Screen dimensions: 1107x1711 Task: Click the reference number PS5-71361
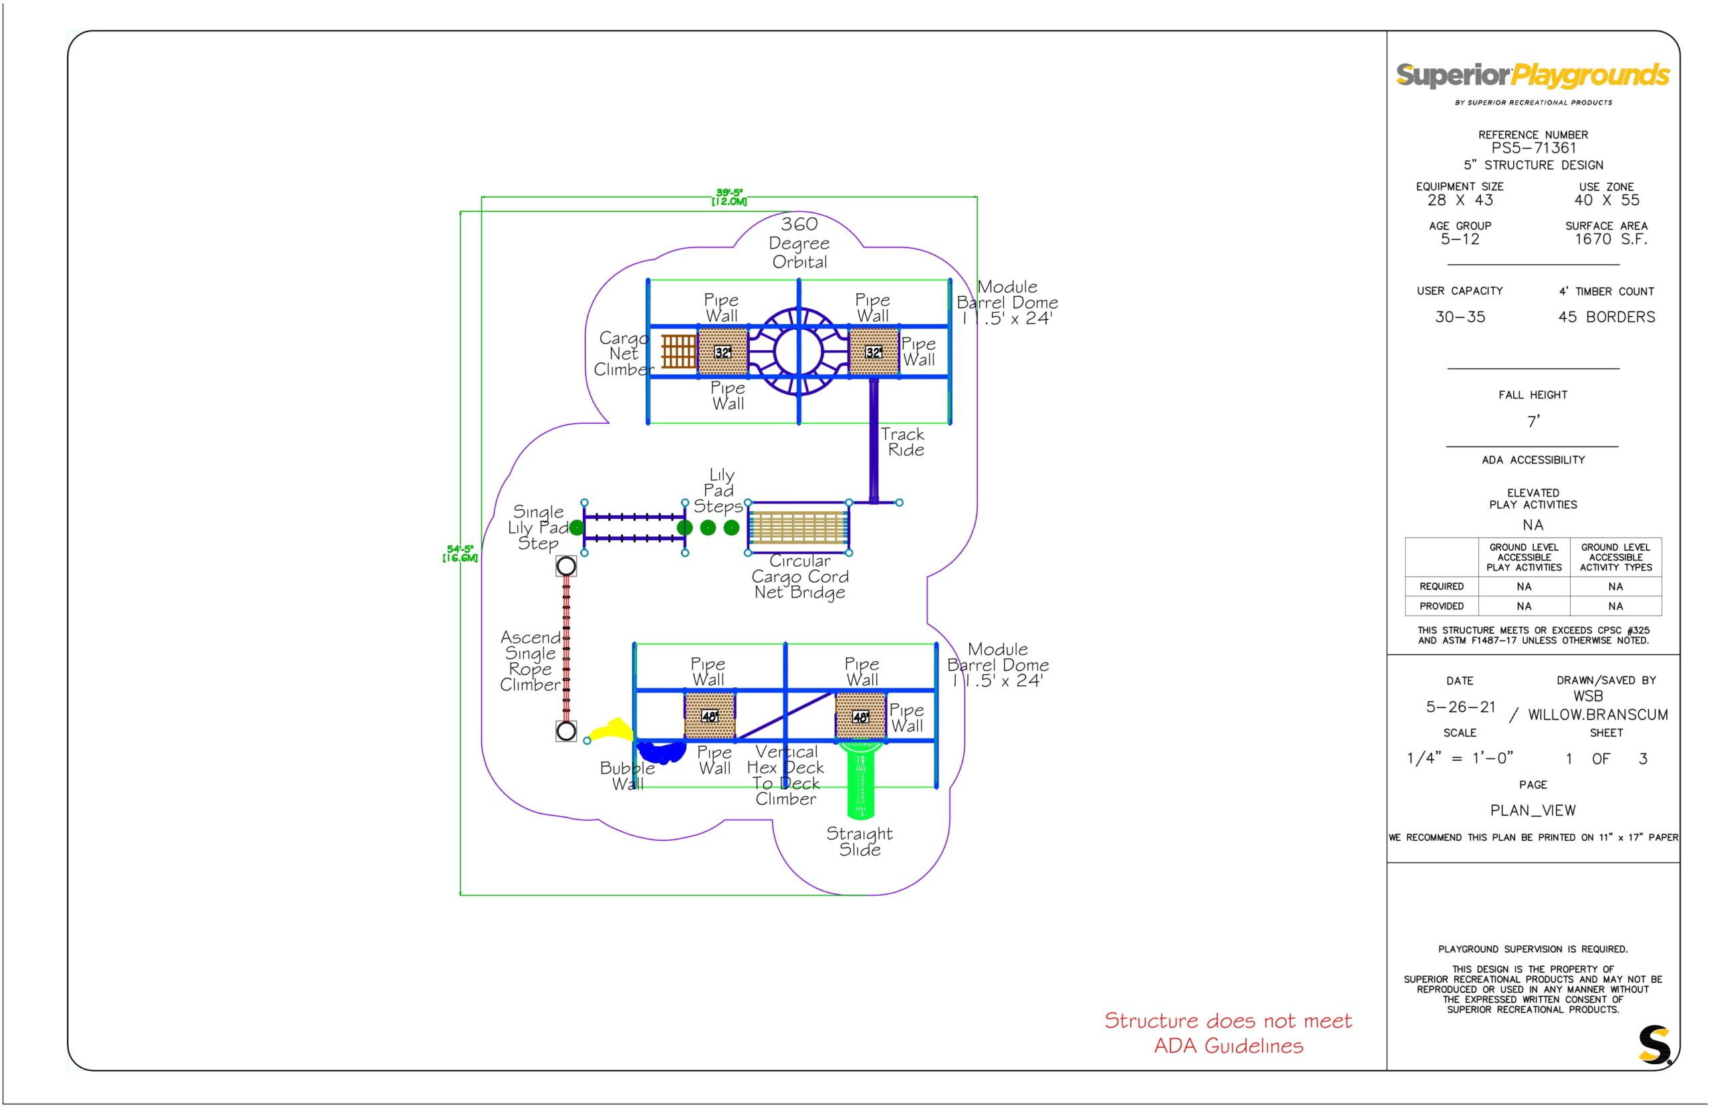1533,148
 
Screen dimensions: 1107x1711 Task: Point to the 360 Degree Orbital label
799,243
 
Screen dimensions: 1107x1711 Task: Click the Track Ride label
903,442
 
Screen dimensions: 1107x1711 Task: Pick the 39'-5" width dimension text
729,197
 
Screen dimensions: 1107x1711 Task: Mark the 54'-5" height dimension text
460,553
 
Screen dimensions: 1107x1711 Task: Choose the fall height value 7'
1533,421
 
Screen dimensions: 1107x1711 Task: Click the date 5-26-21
1460,707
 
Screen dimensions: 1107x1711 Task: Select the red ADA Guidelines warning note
1228,1032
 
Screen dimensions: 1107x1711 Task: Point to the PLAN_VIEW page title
1533,810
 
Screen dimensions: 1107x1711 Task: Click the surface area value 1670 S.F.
1610,239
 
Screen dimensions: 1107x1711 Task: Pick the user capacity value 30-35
1460,317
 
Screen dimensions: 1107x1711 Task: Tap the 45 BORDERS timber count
1606,317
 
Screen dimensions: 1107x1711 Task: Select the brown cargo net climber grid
678,352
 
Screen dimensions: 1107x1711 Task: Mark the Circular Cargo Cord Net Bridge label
800,576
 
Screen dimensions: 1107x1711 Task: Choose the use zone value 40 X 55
1606,201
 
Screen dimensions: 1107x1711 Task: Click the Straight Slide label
860,842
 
